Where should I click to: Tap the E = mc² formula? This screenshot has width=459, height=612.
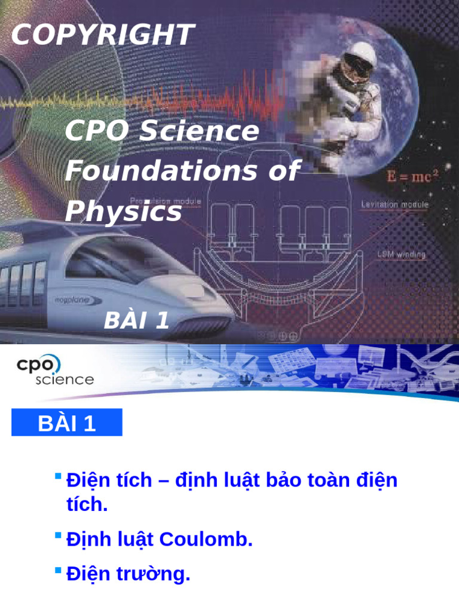click(413, 176)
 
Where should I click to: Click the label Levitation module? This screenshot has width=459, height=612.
click(394, 204)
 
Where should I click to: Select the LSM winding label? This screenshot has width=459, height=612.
click(401, 254)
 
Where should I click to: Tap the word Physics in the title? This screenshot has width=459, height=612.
click(123, 211)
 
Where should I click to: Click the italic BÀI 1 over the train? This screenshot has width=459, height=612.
click(137, 321)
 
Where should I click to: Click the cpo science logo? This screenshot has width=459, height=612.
click(54, 371)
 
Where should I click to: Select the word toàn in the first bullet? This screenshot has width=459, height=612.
click(305, 480)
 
